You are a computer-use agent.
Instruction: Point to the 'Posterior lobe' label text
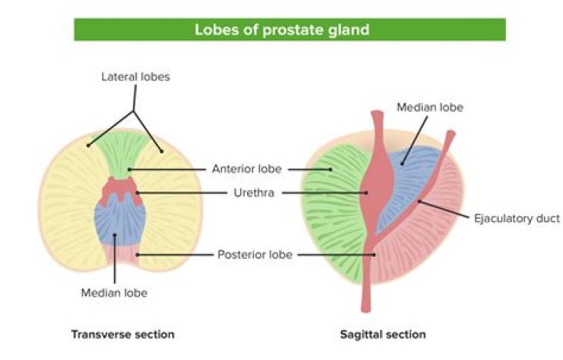[x=255, y=254]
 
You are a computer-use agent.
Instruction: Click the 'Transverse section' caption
[x=123, y=334]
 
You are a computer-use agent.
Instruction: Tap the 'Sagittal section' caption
[x=383, y=334]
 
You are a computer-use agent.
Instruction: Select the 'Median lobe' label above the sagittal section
[x=430, y=107]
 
